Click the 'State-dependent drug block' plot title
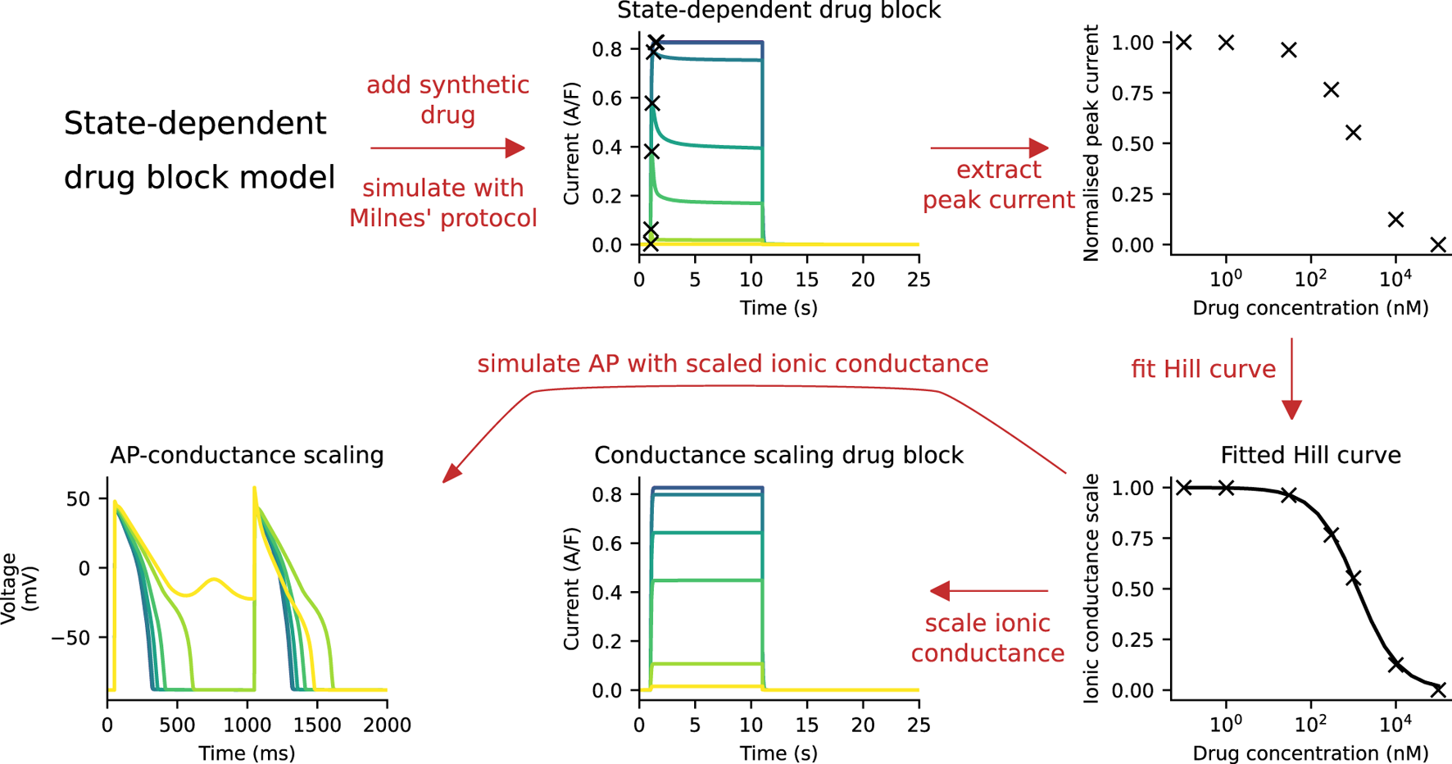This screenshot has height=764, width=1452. [x=778, y=11]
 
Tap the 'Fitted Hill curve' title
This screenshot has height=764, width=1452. [x=1310, y=455]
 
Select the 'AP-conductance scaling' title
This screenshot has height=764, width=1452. [x=247, y=455]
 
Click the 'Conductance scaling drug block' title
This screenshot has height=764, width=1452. [x=778, y=455]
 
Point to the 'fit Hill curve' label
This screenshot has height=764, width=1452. [x=1203, y=369]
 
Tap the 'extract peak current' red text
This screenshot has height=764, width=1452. [x=998, y=185]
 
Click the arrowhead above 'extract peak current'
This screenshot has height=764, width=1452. [x=1038, y=148]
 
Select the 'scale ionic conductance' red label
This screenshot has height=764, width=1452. [x=987, y=638]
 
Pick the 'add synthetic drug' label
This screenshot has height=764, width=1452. [x=447, y=99]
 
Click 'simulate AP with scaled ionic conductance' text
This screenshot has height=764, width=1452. [x=733, y=364]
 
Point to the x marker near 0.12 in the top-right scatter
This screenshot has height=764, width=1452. [x=1395, y=220]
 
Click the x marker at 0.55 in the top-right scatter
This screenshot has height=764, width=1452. [x=1353, y=132]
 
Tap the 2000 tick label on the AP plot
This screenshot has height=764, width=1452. [x=387, y=725]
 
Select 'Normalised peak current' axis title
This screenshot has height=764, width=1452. [x=1091, y=143]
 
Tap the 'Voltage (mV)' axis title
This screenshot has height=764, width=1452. [x=20, y=589]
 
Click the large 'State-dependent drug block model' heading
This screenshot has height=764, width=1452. [x=199, y=150]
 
